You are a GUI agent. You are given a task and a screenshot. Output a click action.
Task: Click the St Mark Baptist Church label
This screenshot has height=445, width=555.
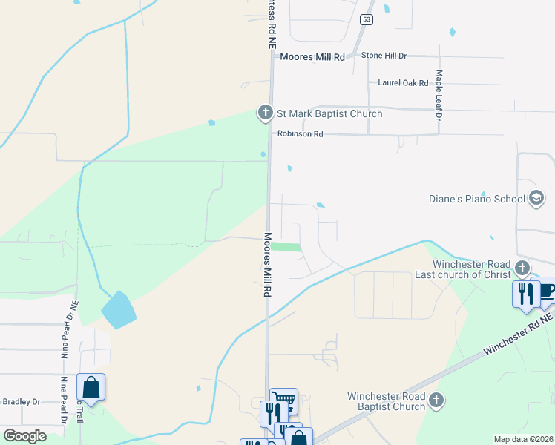point(329,113)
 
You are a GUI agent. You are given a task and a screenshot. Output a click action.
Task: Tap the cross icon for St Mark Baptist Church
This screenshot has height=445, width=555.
point(266,113)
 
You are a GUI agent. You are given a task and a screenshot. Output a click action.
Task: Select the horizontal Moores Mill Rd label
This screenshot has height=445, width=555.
point(312,56)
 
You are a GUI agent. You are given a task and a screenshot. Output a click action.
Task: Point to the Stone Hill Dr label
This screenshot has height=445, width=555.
point(384,56)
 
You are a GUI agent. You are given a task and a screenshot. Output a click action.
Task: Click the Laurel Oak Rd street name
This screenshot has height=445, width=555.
point(404,83)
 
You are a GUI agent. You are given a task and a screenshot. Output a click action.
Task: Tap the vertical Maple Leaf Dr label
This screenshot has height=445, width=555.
point(439,96)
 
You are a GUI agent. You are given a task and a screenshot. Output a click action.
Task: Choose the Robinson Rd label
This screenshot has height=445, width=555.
point(301,134)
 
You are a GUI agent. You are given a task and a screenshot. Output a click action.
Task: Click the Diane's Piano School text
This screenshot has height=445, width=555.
point(476,199)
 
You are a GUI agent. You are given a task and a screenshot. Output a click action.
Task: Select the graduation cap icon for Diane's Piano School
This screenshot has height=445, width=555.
point(536,198)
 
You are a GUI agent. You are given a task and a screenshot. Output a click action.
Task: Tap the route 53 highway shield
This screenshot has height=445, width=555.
point(366,20)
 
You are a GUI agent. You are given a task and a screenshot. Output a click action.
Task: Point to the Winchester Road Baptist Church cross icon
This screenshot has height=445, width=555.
point(436,400)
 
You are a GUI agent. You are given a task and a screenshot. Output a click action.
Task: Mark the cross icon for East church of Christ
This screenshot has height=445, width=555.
point(522,267)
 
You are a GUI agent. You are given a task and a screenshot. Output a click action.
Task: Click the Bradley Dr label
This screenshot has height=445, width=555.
point(21,402)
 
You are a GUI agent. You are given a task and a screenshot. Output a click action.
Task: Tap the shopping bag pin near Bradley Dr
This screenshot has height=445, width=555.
point(91,387)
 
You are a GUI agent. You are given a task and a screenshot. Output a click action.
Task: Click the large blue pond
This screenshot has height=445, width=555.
point(118,309)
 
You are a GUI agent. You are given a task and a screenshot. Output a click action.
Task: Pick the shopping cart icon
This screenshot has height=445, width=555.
point(283,400)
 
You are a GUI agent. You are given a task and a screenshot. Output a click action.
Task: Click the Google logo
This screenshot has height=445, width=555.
point(24,435)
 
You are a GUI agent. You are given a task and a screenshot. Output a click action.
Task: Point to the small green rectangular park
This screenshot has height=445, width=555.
point(286,247)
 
